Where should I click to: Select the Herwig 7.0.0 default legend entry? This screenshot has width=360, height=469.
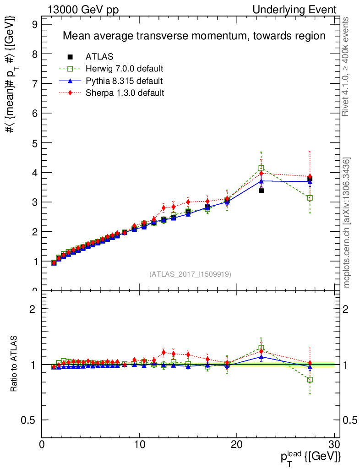124,69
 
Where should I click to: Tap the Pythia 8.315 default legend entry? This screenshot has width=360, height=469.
124,81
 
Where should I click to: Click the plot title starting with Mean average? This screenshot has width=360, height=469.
194,36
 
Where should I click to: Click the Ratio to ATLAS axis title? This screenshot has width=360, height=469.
15,365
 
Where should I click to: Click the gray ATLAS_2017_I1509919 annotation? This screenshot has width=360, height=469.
190,274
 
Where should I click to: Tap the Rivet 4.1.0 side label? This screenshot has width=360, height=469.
346,66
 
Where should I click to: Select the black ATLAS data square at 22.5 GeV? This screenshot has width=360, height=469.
261,191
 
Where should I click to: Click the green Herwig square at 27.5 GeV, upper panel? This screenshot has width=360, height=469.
310,198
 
